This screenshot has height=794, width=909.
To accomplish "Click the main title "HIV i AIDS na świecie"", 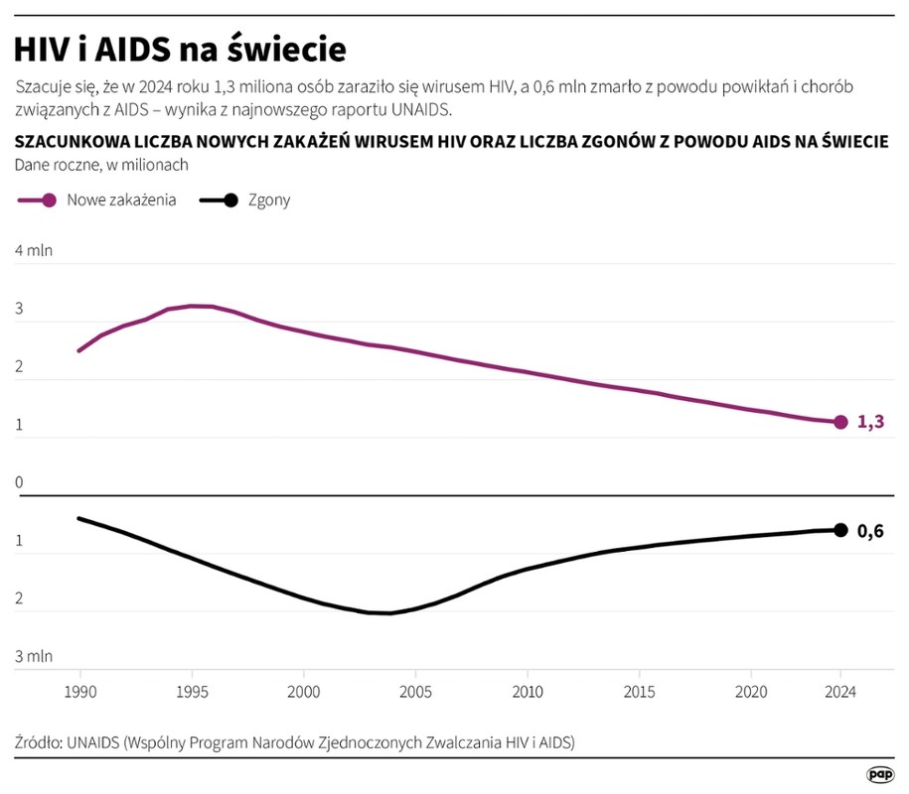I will tap(181, 48).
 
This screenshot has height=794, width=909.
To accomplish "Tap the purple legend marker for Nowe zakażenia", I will tap(50, 199).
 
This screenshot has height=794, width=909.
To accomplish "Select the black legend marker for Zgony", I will tap(230, 199).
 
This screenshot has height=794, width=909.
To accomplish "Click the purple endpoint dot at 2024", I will tap(840, 422).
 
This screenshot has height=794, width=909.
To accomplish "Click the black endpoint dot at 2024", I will tap(840, 530).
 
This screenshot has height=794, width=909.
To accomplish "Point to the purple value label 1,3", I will tap(870, 422).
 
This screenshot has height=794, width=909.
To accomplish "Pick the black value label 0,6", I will tap(870, 531).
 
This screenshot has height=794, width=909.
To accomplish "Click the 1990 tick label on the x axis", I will tap(78, 691).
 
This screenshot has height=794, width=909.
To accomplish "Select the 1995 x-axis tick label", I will tap(192, 691).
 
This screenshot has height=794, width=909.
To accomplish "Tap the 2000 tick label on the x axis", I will tap(304, 691).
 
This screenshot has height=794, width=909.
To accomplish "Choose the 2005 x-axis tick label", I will tap(416, 691).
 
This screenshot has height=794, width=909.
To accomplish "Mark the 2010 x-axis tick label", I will tap(528, 691).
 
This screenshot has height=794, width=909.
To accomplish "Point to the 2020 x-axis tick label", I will tap(752, 691).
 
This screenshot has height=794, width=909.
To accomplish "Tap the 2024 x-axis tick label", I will tap(840, 691).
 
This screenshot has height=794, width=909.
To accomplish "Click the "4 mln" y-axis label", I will tap(34, 250).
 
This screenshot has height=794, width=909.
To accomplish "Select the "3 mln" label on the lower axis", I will tap(34, 656).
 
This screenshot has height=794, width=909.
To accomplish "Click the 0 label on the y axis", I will tap(19, 483).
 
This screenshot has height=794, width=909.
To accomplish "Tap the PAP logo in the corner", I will tap(879, 773).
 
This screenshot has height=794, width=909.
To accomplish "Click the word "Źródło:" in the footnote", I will tap(38, 741).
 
